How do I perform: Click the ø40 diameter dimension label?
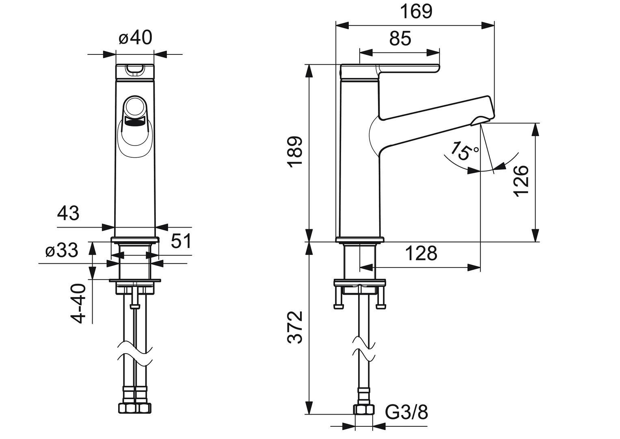coord(135,38)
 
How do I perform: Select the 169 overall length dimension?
coord(416,11)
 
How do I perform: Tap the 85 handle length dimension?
coord(400,39)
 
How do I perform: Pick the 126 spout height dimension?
coord(521,181)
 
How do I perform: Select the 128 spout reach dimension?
coord(421,254)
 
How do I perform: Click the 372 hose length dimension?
coord(295,327)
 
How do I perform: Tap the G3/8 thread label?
coord(406,413)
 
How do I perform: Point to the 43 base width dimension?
coord(68,213)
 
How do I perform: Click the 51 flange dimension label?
coord(181,241)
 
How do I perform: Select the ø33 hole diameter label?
coord(62,251)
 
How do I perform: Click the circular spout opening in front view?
coord(135,106)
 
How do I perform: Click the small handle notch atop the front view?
coord(135,70)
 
